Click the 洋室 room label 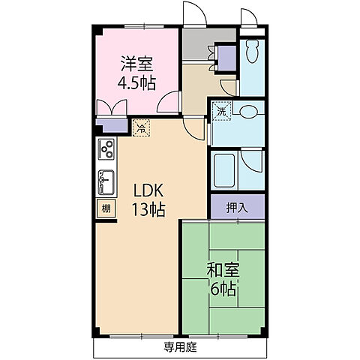136,64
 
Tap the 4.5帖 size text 136,83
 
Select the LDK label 148,190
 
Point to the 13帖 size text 148,209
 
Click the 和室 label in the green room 223,270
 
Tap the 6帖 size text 223,289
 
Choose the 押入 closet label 237,208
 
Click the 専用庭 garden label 180,347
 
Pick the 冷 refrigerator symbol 141,128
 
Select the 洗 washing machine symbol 222,111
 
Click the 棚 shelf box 106,208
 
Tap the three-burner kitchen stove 106,149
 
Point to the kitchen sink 106,182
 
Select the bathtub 224,171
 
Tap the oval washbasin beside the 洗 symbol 247,111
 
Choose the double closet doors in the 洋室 112,107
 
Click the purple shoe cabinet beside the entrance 226,58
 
